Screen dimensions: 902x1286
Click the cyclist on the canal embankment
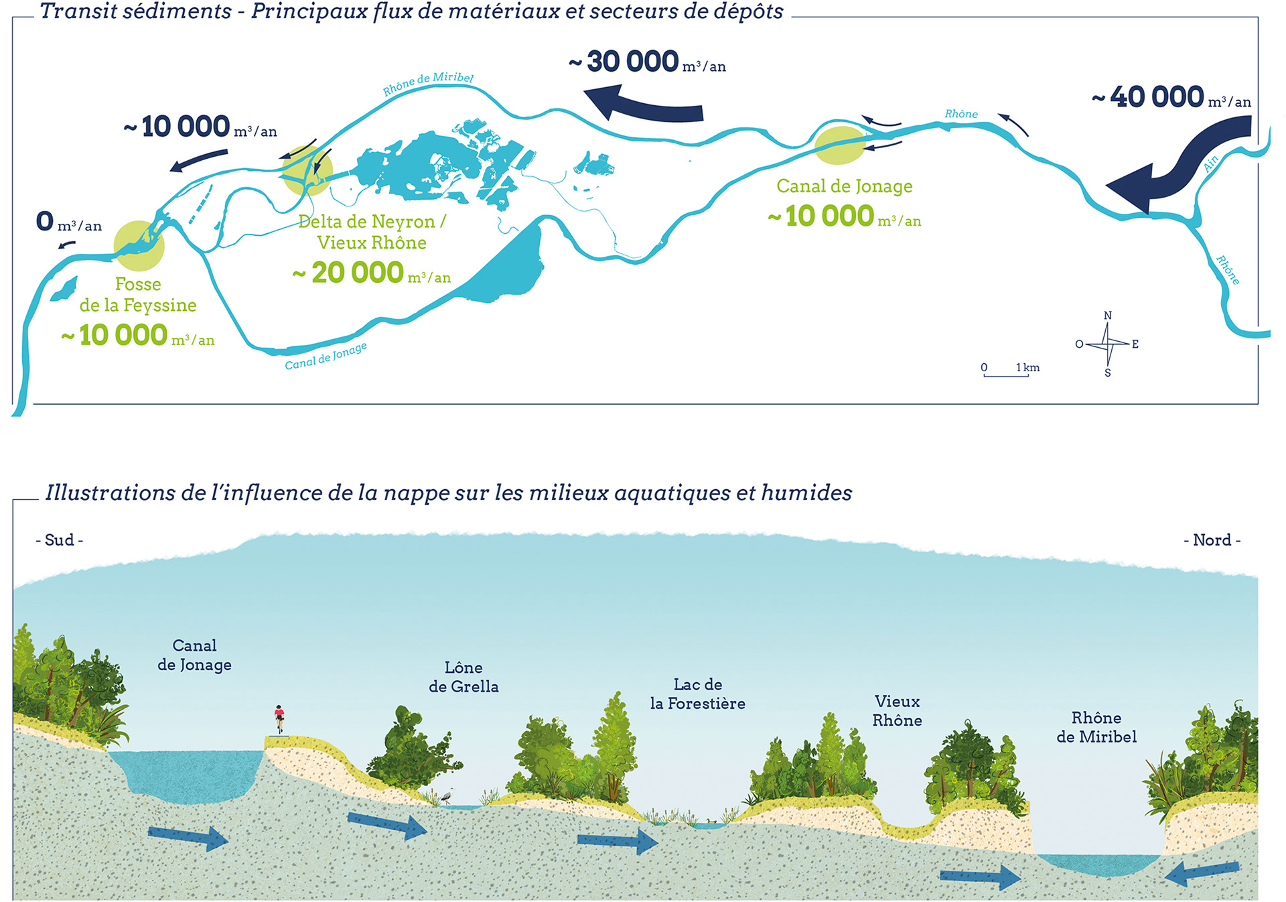coord(279,718)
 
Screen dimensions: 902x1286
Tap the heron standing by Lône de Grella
coord(447,796)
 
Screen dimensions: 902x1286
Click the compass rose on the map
coord(1107,344)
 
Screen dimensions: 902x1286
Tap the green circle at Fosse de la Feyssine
coord(139,246)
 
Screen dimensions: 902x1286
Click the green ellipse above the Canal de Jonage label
coord(840,145)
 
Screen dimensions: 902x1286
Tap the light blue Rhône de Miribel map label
coord(428,83)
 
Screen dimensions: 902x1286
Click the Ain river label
coord(1211,164)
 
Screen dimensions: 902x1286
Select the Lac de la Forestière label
coord(697,694)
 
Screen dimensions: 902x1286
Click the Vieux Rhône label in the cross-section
coord(897,710)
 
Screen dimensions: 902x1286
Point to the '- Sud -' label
coord(60,540)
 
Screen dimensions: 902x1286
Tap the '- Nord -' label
coord(1212,540)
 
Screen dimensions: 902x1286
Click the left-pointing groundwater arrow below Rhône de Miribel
coord(1202,873)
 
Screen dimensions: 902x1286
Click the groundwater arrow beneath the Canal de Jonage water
coord(188,836)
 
